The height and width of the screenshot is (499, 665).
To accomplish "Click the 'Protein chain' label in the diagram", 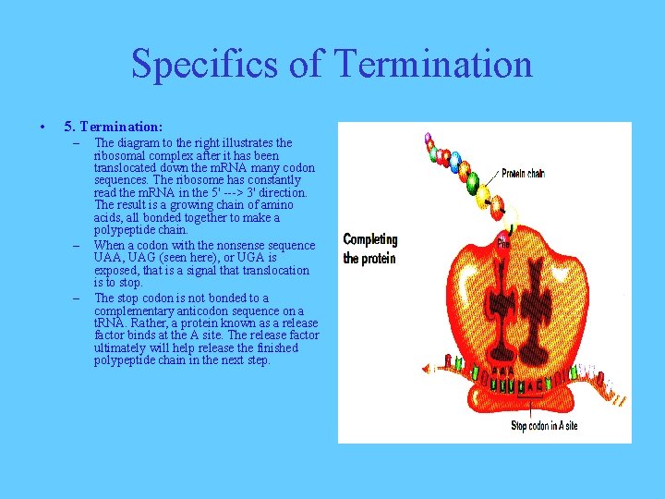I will tap(524, 173).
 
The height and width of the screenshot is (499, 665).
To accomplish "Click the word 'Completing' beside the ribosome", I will tap(369, 240).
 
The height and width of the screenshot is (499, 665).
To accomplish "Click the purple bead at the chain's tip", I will tap(428, 140).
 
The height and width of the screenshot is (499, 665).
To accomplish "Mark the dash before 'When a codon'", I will tap(79, 245).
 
